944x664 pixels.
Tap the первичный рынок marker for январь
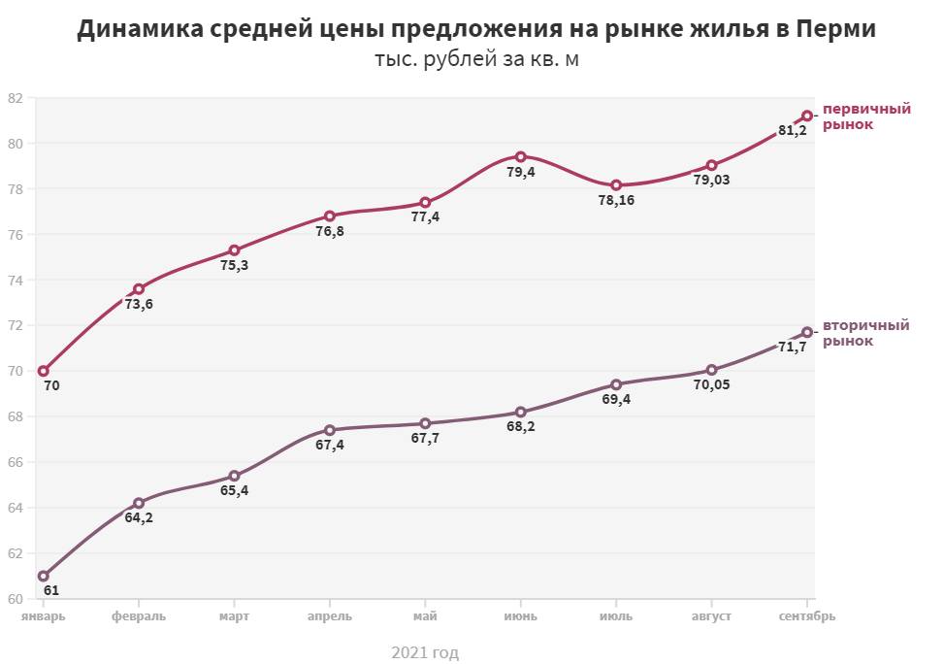[44, 371]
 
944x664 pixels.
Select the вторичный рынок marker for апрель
[330, 430]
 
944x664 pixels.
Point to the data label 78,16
[616, 200]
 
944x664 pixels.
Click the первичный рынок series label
[866, 116]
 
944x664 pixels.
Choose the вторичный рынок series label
[866, 333]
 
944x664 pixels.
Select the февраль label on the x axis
[139, 616]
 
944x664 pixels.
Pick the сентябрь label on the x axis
[807, 616]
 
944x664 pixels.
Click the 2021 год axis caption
[425, 652]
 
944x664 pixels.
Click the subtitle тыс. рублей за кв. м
[475, 60]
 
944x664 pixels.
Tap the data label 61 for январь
[51, 590]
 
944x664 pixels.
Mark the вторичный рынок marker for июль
[616, 384]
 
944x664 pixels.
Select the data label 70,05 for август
[711, 384]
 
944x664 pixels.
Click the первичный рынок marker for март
[235, 250]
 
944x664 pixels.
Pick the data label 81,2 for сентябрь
[792, 130]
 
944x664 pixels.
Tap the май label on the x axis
[425, 616]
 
